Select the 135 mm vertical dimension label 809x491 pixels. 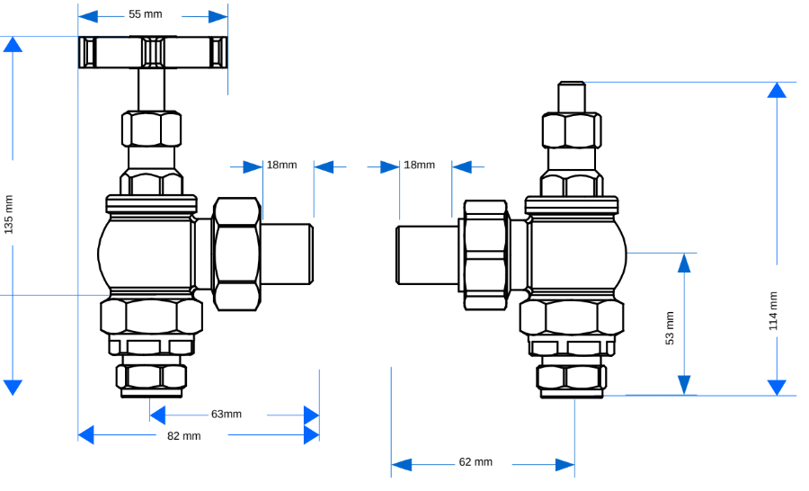click(x=9, y=214)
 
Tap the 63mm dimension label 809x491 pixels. click(x=227, y=415)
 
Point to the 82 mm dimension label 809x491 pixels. click(x=184, y=436)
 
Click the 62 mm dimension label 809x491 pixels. click(x=476, y=462)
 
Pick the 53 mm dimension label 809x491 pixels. click(x=670, y=327)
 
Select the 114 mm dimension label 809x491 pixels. click(x=773, y=310)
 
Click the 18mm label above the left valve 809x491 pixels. click(x=281, y=165)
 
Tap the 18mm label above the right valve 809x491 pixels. click(x=419, y=165)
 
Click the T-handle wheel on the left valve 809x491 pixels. click(x=152, y=52)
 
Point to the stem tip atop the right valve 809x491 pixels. click(x=572, y=95)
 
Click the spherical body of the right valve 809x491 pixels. click(x=575, y=252)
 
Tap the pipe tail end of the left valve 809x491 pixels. click(x=288, y=254)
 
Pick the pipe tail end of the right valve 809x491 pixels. click(x=427, y=254)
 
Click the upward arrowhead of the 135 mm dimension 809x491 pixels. click(x=13, y=44)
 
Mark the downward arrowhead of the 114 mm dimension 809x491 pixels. click(x=778, y=388)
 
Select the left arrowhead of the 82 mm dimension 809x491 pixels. click(x=85, y=435)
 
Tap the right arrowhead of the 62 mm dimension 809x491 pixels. click(x=565, y=465)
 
